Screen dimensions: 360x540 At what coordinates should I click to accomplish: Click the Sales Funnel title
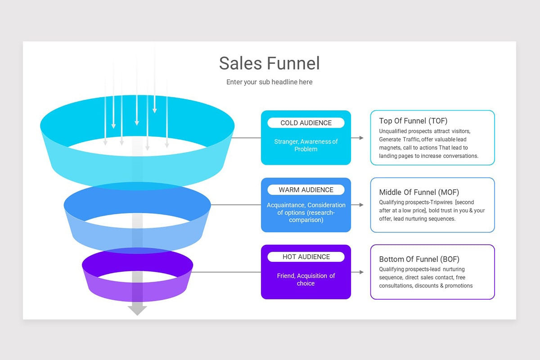[x=269, y=63]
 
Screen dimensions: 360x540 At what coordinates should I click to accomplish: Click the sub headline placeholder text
[x=269, y=82]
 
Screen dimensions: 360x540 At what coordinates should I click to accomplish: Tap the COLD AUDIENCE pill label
[x=306, y=123]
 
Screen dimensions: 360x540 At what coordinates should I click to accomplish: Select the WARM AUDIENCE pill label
[x=306, y=190]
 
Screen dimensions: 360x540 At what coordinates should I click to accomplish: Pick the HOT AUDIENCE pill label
[x=306, y=257]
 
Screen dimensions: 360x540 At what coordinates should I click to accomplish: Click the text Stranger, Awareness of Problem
[x=306, y=145]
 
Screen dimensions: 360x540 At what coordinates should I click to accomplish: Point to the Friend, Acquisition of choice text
[x=306, y=279]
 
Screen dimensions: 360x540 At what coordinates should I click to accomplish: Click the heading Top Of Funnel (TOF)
[x=413, y=121]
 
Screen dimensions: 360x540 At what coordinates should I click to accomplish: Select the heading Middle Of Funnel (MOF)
[x=418, y=192]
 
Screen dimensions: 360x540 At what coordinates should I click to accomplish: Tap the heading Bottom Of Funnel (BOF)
[x=418, y=259]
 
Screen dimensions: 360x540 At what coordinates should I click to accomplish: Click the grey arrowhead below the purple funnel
[x=137, y=310]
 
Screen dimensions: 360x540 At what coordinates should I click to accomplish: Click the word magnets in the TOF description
[x=390, y=148]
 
